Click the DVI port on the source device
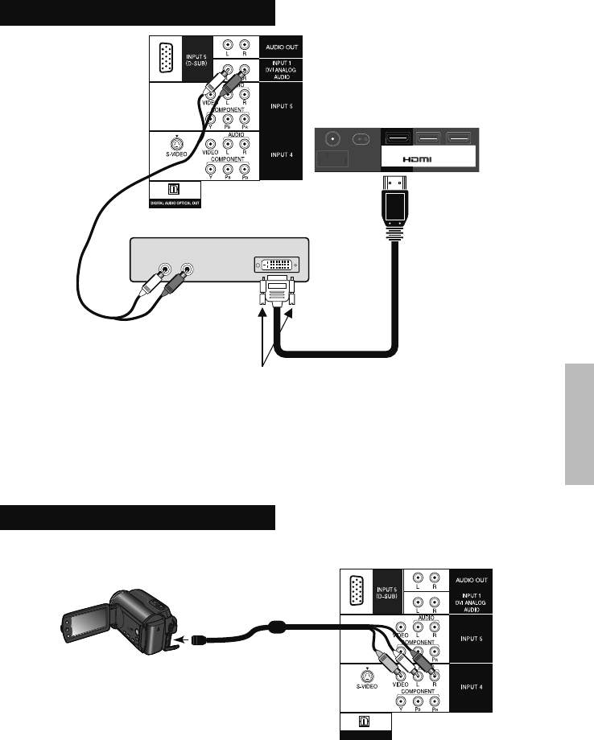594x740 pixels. [278, 264]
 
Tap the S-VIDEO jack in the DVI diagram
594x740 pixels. [175, 138]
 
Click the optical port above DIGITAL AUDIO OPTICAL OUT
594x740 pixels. [173, 191]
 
